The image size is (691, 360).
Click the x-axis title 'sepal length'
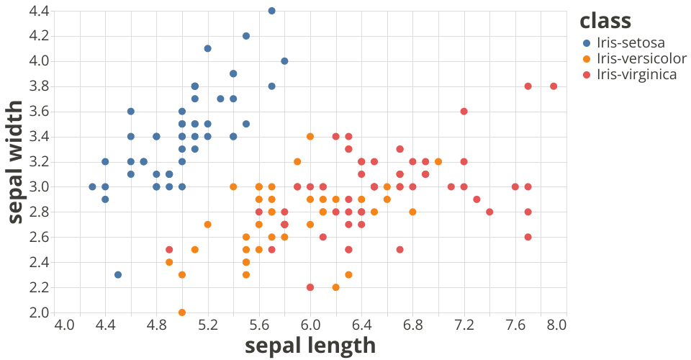[310, 346]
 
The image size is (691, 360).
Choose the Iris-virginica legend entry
[637, 73]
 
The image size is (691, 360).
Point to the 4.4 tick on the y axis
[39, 11]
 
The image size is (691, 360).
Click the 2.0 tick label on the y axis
[39, 312]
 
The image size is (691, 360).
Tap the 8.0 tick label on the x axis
[556, 325]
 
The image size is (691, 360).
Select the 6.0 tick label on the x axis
[310, 325]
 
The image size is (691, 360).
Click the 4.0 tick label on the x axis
[64, 325]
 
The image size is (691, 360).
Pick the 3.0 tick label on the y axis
[39, 186]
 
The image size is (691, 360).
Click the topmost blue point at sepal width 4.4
[271, 11]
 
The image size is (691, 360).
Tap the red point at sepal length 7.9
[554, 86]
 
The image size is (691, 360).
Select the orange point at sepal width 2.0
[182, 312]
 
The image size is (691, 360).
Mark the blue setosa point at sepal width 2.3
[118, 274]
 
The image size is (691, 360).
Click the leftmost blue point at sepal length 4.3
[92, 186]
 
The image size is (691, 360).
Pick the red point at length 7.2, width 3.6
[464, 111]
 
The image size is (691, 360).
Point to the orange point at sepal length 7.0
[438, 161]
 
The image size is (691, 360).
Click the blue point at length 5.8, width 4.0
[284, 61]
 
